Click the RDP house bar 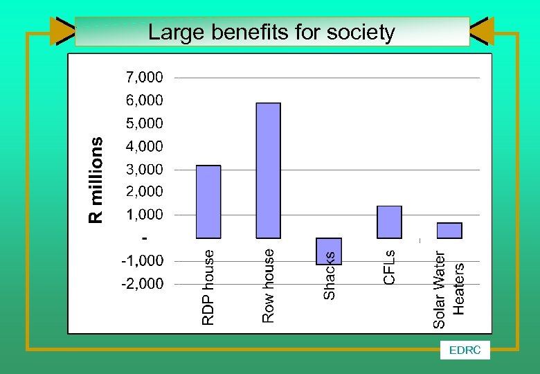tap(208, 202)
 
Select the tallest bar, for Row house tap(269, 170)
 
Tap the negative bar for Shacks tap(329, 251)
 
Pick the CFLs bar tap(389, 222)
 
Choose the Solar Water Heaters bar tap(449, 230)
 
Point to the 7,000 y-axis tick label tap(144, 76)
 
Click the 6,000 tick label tap(144, 100)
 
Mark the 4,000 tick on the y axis tap(144, 146)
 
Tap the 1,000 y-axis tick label tap(144, 215)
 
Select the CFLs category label tap(390, 266)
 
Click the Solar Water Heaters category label tap(449, 290)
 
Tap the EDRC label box tap(465, 350)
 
